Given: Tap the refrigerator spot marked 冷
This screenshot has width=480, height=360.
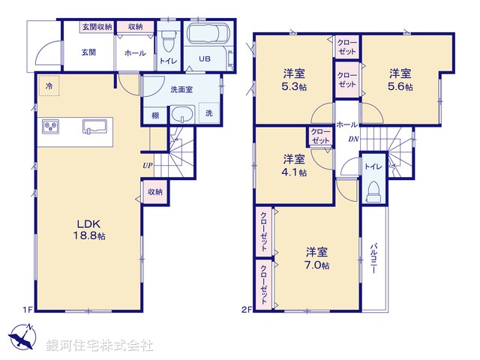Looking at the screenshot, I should [47, 86].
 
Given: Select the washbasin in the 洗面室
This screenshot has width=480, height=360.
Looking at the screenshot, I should [182, 115].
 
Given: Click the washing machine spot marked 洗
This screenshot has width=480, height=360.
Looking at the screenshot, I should [209, 113].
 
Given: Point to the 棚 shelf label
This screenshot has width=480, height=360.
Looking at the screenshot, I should [154, 115].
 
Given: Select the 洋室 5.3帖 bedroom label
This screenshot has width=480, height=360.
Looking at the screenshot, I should [293, 79].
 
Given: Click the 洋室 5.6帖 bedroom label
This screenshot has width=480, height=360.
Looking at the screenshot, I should [399, 79].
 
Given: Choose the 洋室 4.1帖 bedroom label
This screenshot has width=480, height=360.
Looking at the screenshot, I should [293, 164].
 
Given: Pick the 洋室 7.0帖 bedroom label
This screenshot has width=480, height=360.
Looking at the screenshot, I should [316, 257].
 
